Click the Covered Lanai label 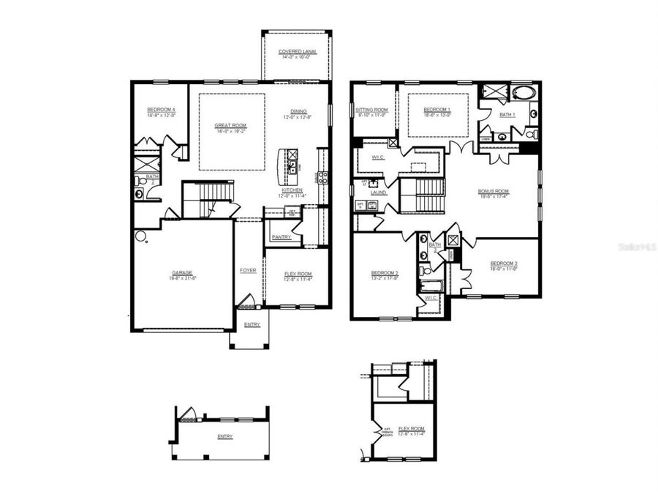pyautogui.click(x=296, y=52)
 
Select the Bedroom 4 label pyautogui.click(x=161, y=110)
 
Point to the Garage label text pyautogui.click(x=182, y=272)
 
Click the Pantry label pyautogui.click(x=281, y=237)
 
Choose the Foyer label pyautogui.click(x=249, y=270)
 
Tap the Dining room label pyautogui.click(x=298, y=112)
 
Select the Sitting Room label pyautogui.click(x=371, y=110)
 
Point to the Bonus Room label pyautogui.click(x=494, y=191)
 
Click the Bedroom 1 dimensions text pyautogui.click(x=436, y=114)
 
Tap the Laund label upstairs pyautogui.click(x=378, y=192)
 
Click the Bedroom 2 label pyautogui.click(x=385, y=273)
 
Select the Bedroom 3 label pyautogui.click(x=504, y=263)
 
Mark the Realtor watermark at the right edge pyautogui.click(x=637, y=248)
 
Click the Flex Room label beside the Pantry pyautogui.click(x=298, y=274)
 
